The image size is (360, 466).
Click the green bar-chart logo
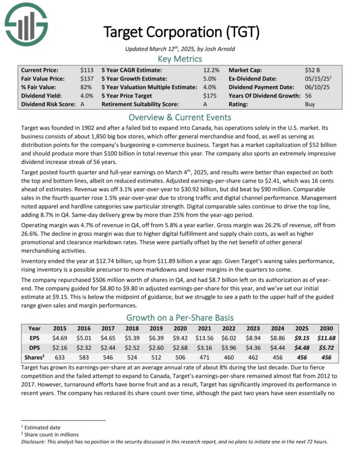click(26, 25)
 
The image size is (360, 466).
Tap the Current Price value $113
click(87, 70)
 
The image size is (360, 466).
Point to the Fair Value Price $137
click(87, 79)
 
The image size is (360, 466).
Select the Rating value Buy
click(310, 104)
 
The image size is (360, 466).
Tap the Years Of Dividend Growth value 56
click(308, 96)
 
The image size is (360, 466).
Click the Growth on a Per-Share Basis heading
click(180, 317)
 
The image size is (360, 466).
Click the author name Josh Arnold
click(222, 48)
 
